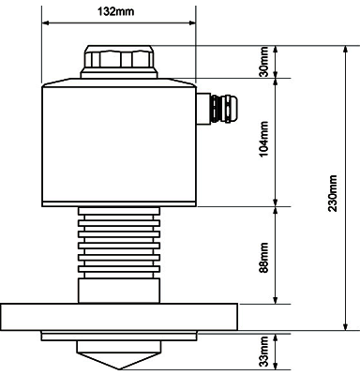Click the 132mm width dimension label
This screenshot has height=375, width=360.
[x=116, y=11]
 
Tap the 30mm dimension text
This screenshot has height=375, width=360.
[x=264, y=62]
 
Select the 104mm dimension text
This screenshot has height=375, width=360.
[x=264, y=139]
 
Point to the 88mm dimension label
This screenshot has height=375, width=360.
[x=264, y=258]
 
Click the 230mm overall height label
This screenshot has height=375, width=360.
[x=333, y=193]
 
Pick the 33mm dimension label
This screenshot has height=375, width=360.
[x=264, y=352]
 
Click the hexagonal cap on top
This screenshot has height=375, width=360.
[x=119, y=59]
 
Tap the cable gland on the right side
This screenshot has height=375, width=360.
[x=224, y=109]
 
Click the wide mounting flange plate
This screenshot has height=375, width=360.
[x=119, y=317]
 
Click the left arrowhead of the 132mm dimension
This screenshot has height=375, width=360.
[x=46, y=22]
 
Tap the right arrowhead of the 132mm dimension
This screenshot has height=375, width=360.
[x=191, y=22]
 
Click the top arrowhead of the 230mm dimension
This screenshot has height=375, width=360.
[x=345, y=50]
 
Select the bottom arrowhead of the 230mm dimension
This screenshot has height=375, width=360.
[x=345, y=326]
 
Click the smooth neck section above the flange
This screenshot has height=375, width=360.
[x=119, y=291]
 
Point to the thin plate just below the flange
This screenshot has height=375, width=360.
[x=119, y=336]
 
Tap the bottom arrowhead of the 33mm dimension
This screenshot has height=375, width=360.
[x=276, y=366]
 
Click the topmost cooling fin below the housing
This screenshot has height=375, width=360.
[x=119, y=211]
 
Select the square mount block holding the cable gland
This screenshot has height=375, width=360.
[x=203, y=109]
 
